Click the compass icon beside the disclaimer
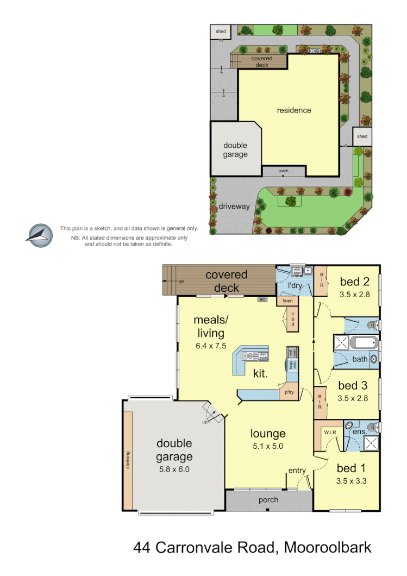39,235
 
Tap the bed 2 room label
354,281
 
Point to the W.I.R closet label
330,433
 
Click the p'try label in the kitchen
289,392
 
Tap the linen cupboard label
288,300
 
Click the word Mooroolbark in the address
326,547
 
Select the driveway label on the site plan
235,206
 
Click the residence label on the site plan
294,110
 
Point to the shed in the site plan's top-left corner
221,32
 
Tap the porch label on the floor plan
268,500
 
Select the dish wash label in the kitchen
263,356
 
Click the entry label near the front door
297,471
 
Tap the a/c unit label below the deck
262,299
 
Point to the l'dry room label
295,285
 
